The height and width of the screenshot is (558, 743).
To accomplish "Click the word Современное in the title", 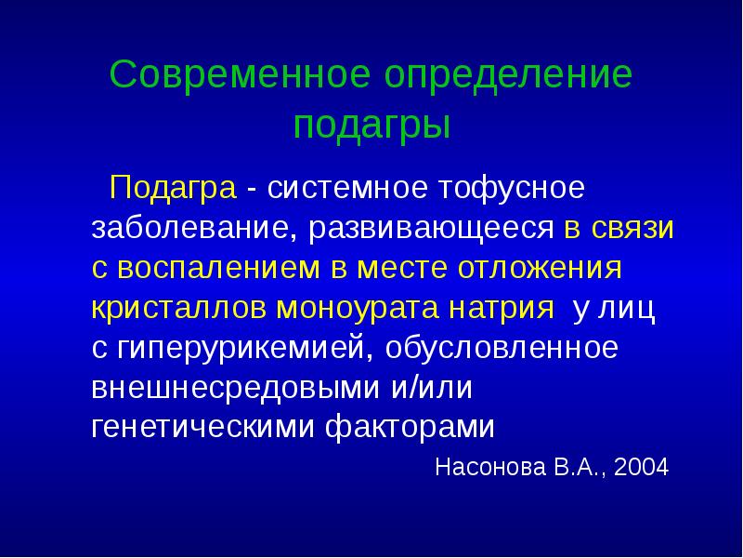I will click(225, 74).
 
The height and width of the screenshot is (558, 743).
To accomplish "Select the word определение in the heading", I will click(492, 74).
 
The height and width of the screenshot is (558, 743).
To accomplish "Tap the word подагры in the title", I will click(371, 124).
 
